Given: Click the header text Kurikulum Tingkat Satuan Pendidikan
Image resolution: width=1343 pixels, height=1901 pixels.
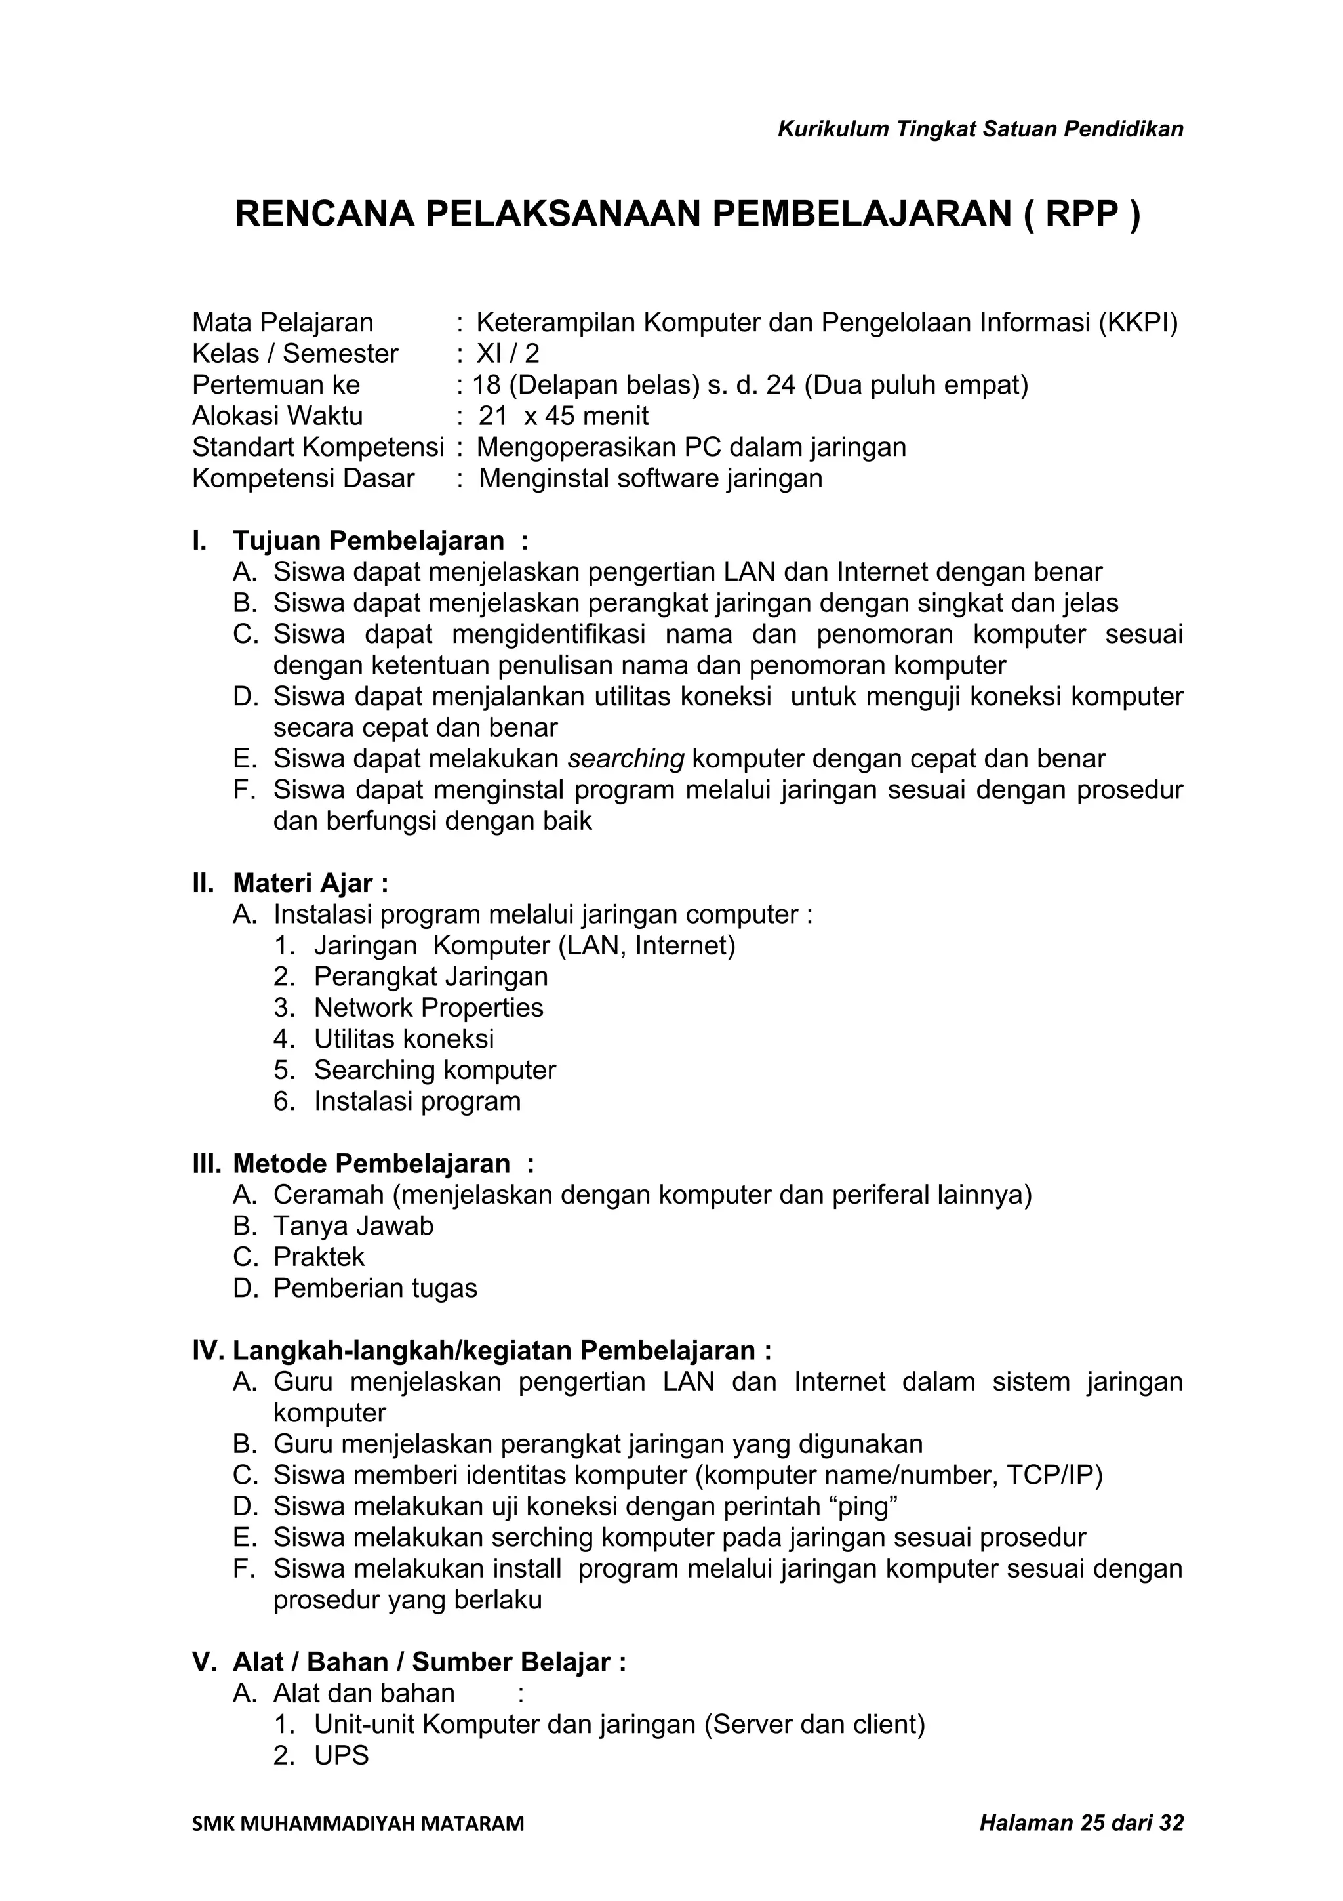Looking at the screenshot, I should [x=980, y=129].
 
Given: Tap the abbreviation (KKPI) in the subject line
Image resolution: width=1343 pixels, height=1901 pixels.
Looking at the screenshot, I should [x=1138, y=322].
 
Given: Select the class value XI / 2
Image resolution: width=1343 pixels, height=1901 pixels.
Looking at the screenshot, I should [x=508, y=354].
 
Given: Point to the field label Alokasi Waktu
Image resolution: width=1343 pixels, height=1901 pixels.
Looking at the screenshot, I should [x=277, y=416].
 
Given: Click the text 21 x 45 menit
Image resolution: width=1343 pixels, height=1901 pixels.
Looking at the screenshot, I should [x=563, y=416].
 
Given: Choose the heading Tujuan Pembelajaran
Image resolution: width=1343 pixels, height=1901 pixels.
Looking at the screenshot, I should [x=369, y=541].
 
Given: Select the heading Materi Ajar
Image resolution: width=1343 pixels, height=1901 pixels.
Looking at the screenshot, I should [x=304, y=884].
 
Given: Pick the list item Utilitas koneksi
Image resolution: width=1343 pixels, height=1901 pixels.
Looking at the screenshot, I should [x=404, y=1038].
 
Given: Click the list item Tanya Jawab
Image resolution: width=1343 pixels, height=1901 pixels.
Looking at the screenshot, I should [x=353, y=1225].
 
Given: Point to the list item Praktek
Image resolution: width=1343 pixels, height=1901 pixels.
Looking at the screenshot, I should [x=319, y=1257].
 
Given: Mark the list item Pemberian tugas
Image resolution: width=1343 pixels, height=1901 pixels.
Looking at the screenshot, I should [x=375, y=1288].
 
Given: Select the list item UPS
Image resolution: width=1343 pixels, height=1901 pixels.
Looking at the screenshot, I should [x=341, y=1755].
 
